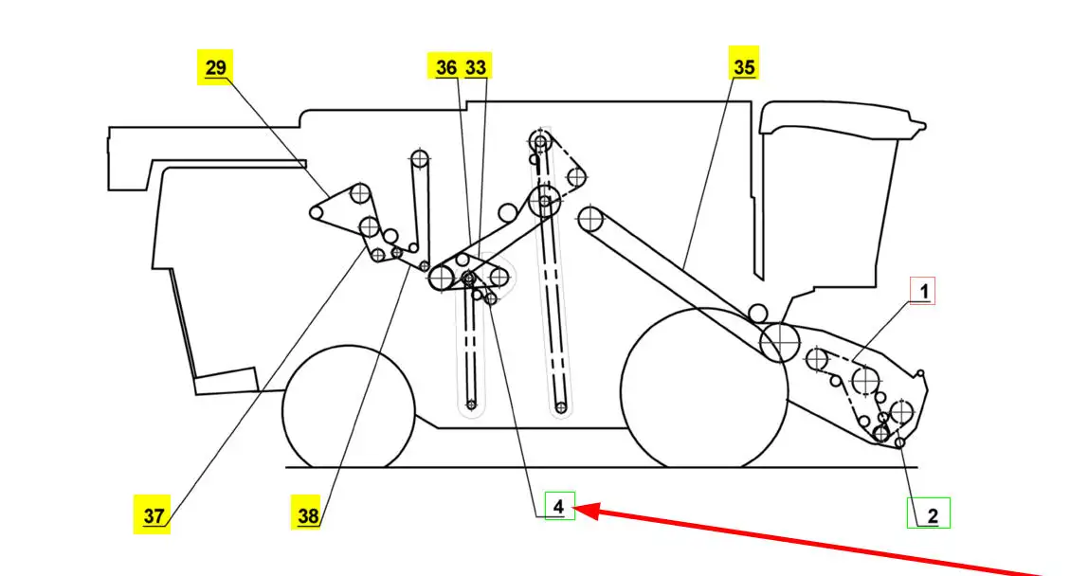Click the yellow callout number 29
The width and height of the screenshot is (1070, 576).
tap(215, 68)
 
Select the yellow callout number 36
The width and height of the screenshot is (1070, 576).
tap(445, 67)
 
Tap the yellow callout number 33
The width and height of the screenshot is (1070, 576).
tap(477, 67)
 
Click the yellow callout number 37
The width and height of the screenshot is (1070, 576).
tap(154, 517)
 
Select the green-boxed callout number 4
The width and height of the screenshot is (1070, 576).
tap(559, 508)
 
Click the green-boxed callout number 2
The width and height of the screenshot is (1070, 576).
tap(932, 515)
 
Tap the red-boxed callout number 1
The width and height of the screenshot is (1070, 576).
tap(922, 291)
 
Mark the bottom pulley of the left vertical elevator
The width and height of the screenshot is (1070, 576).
tap(471, 406)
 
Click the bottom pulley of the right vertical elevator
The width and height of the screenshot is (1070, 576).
tap(561, 407)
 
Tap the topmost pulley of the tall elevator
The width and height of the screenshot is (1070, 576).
tap(540, 143)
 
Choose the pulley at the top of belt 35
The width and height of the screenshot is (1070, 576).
tap(592, 219)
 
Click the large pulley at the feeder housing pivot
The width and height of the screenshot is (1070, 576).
tap(779, 339)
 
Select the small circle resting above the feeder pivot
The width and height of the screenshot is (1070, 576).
tap(757, 312)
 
